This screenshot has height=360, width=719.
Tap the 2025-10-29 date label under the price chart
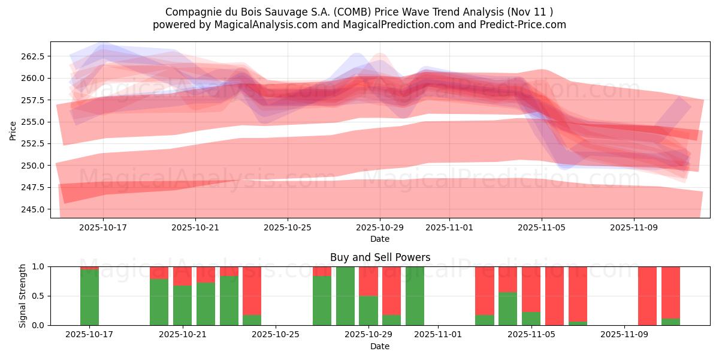380,228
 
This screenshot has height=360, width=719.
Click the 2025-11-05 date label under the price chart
542,228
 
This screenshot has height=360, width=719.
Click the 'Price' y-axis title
13,130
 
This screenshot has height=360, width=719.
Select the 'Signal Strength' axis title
22,296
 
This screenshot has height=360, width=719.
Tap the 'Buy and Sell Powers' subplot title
380,257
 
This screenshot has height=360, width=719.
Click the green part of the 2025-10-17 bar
90,298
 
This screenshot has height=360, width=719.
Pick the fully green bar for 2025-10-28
345,296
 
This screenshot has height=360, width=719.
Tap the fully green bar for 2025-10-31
415,296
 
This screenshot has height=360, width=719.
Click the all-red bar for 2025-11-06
554,296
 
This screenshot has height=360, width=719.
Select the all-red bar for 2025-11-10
647,296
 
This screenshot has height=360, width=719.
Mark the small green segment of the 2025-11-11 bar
670,322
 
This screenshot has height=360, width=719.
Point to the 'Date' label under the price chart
380,239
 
